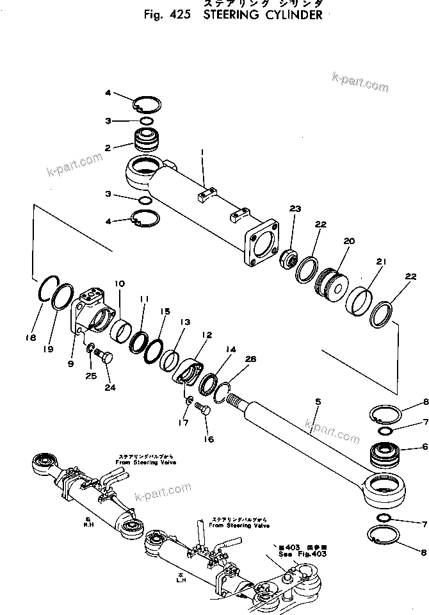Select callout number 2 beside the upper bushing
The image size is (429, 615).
(x=108, y=147)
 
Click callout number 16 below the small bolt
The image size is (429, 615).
(x=209, y=439)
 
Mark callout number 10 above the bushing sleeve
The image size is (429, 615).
(x=120, y=283)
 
